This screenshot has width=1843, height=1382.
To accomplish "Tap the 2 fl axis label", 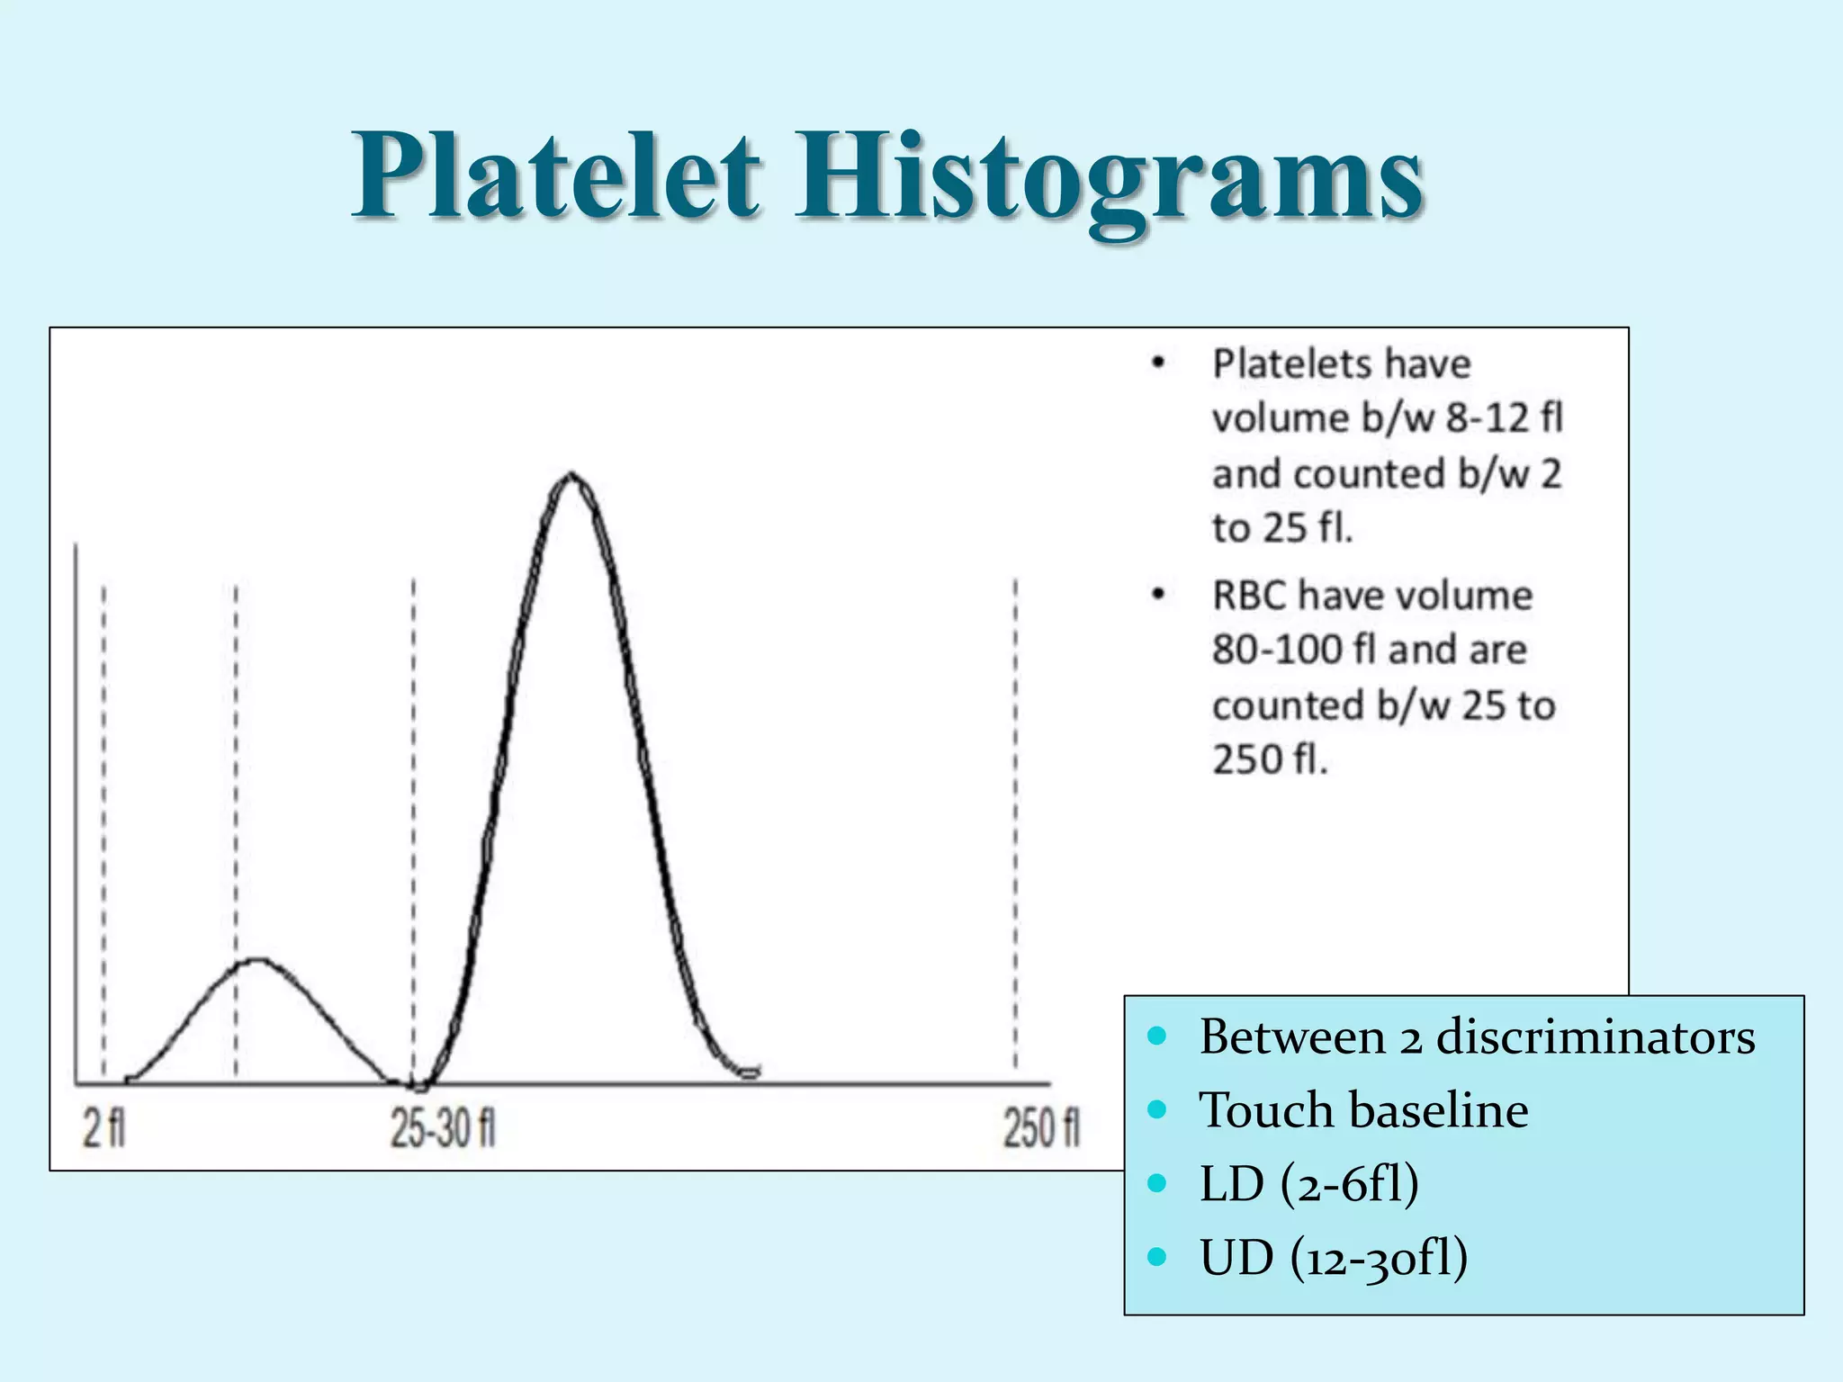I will [x=104, y=1128].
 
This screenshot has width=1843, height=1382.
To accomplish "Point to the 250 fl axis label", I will [x=1041, y=1128].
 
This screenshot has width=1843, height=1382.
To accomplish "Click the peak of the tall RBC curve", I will [x=571, y=475].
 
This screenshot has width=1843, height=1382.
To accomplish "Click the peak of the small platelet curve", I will [x=258, y=960].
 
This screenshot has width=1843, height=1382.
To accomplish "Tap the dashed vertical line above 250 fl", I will [x=1016, y=810].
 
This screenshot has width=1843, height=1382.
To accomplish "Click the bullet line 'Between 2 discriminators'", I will [x=1476, y=1036].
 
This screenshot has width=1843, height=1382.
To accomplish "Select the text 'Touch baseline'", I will [x=1363, y=1109].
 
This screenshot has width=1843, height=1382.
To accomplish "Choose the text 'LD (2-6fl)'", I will [x=1309, y=1183].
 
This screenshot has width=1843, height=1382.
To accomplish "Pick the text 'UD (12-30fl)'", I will [x=1334, y=1257].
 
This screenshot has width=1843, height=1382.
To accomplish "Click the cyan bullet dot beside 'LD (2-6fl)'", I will [x=1157, y=1182].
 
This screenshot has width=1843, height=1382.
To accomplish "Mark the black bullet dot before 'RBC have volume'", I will [x=1158, y=595].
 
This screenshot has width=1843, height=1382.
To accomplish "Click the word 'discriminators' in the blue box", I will [x=1595, y=1036].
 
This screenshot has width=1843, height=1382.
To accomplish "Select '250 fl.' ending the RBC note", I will [x=1269, y=760].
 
